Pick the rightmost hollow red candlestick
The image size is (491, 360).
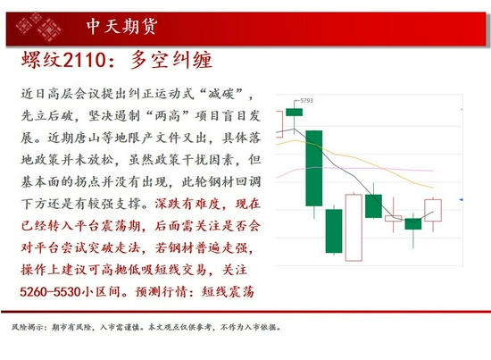pos(433,211)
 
